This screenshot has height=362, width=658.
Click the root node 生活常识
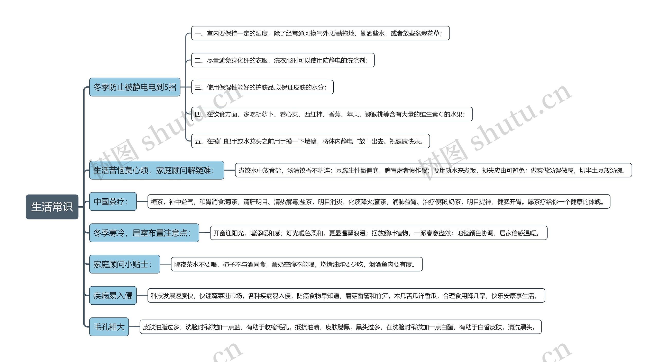[x=52, y=207]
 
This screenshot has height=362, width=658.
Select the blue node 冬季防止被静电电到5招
[x=135, y=87]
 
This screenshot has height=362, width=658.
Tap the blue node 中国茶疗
[x=113, y=201]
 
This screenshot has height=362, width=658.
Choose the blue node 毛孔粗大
[x=109, y=327]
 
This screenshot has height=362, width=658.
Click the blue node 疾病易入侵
[x=113, y=295]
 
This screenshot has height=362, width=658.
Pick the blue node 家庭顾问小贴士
[x=125, y=264]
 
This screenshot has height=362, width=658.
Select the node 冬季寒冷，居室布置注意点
[x=144, y=233]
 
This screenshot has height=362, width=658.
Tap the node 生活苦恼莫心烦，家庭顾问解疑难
[x=157, y=170]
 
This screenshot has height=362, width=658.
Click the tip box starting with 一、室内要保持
[x=320, y=33]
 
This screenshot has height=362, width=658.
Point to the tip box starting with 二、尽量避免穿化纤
[x=283, y=60]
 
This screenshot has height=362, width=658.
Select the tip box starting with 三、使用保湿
[x=262, y=87]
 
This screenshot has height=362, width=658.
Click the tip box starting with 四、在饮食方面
[x=332, y=114]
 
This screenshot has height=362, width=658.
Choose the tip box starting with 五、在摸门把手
[x=310, y=141]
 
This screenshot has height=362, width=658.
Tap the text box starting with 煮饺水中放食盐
[x=433, y=170]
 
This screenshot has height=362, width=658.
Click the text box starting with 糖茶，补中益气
[x=379, y=201]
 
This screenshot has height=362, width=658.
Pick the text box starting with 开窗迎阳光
[x=379, y=233]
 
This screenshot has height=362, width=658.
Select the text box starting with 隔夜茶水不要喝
[x=297, y=264]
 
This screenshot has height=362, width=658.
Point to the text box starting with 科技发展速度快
[x=346, y=295]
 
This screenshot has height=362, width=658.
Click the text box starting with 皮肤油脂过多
[x=341, y=327]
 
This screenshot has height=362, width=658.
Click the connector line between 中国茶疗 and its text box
[x=142, y=201]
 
